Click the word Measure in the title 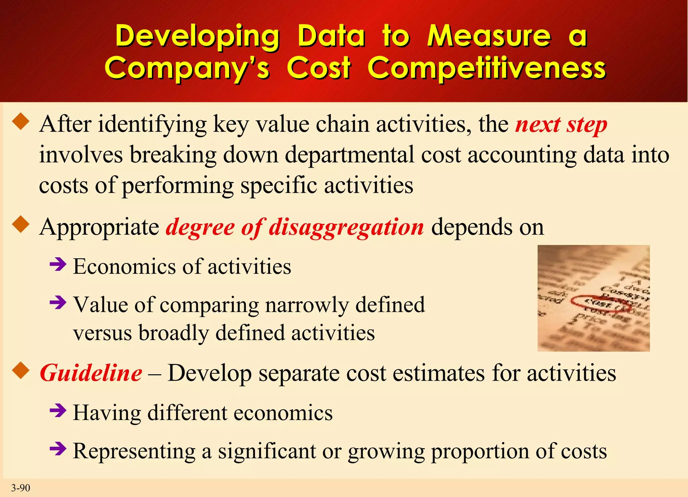489,36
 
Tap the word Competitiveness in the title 486,68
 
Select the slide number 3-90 20,488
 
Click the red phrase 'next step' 561,125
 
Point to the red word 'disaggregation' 346,227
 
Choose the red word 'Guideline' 91,373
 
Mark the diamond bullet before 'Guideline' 21,370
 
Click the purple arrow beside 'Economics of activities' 58,265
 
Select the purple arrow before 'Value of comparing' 58,303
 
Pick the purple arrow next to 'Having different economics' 58,411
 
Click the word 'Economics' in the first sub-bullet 124,267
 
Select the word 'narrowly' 307,305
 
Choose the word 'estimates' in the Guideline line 438,373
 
